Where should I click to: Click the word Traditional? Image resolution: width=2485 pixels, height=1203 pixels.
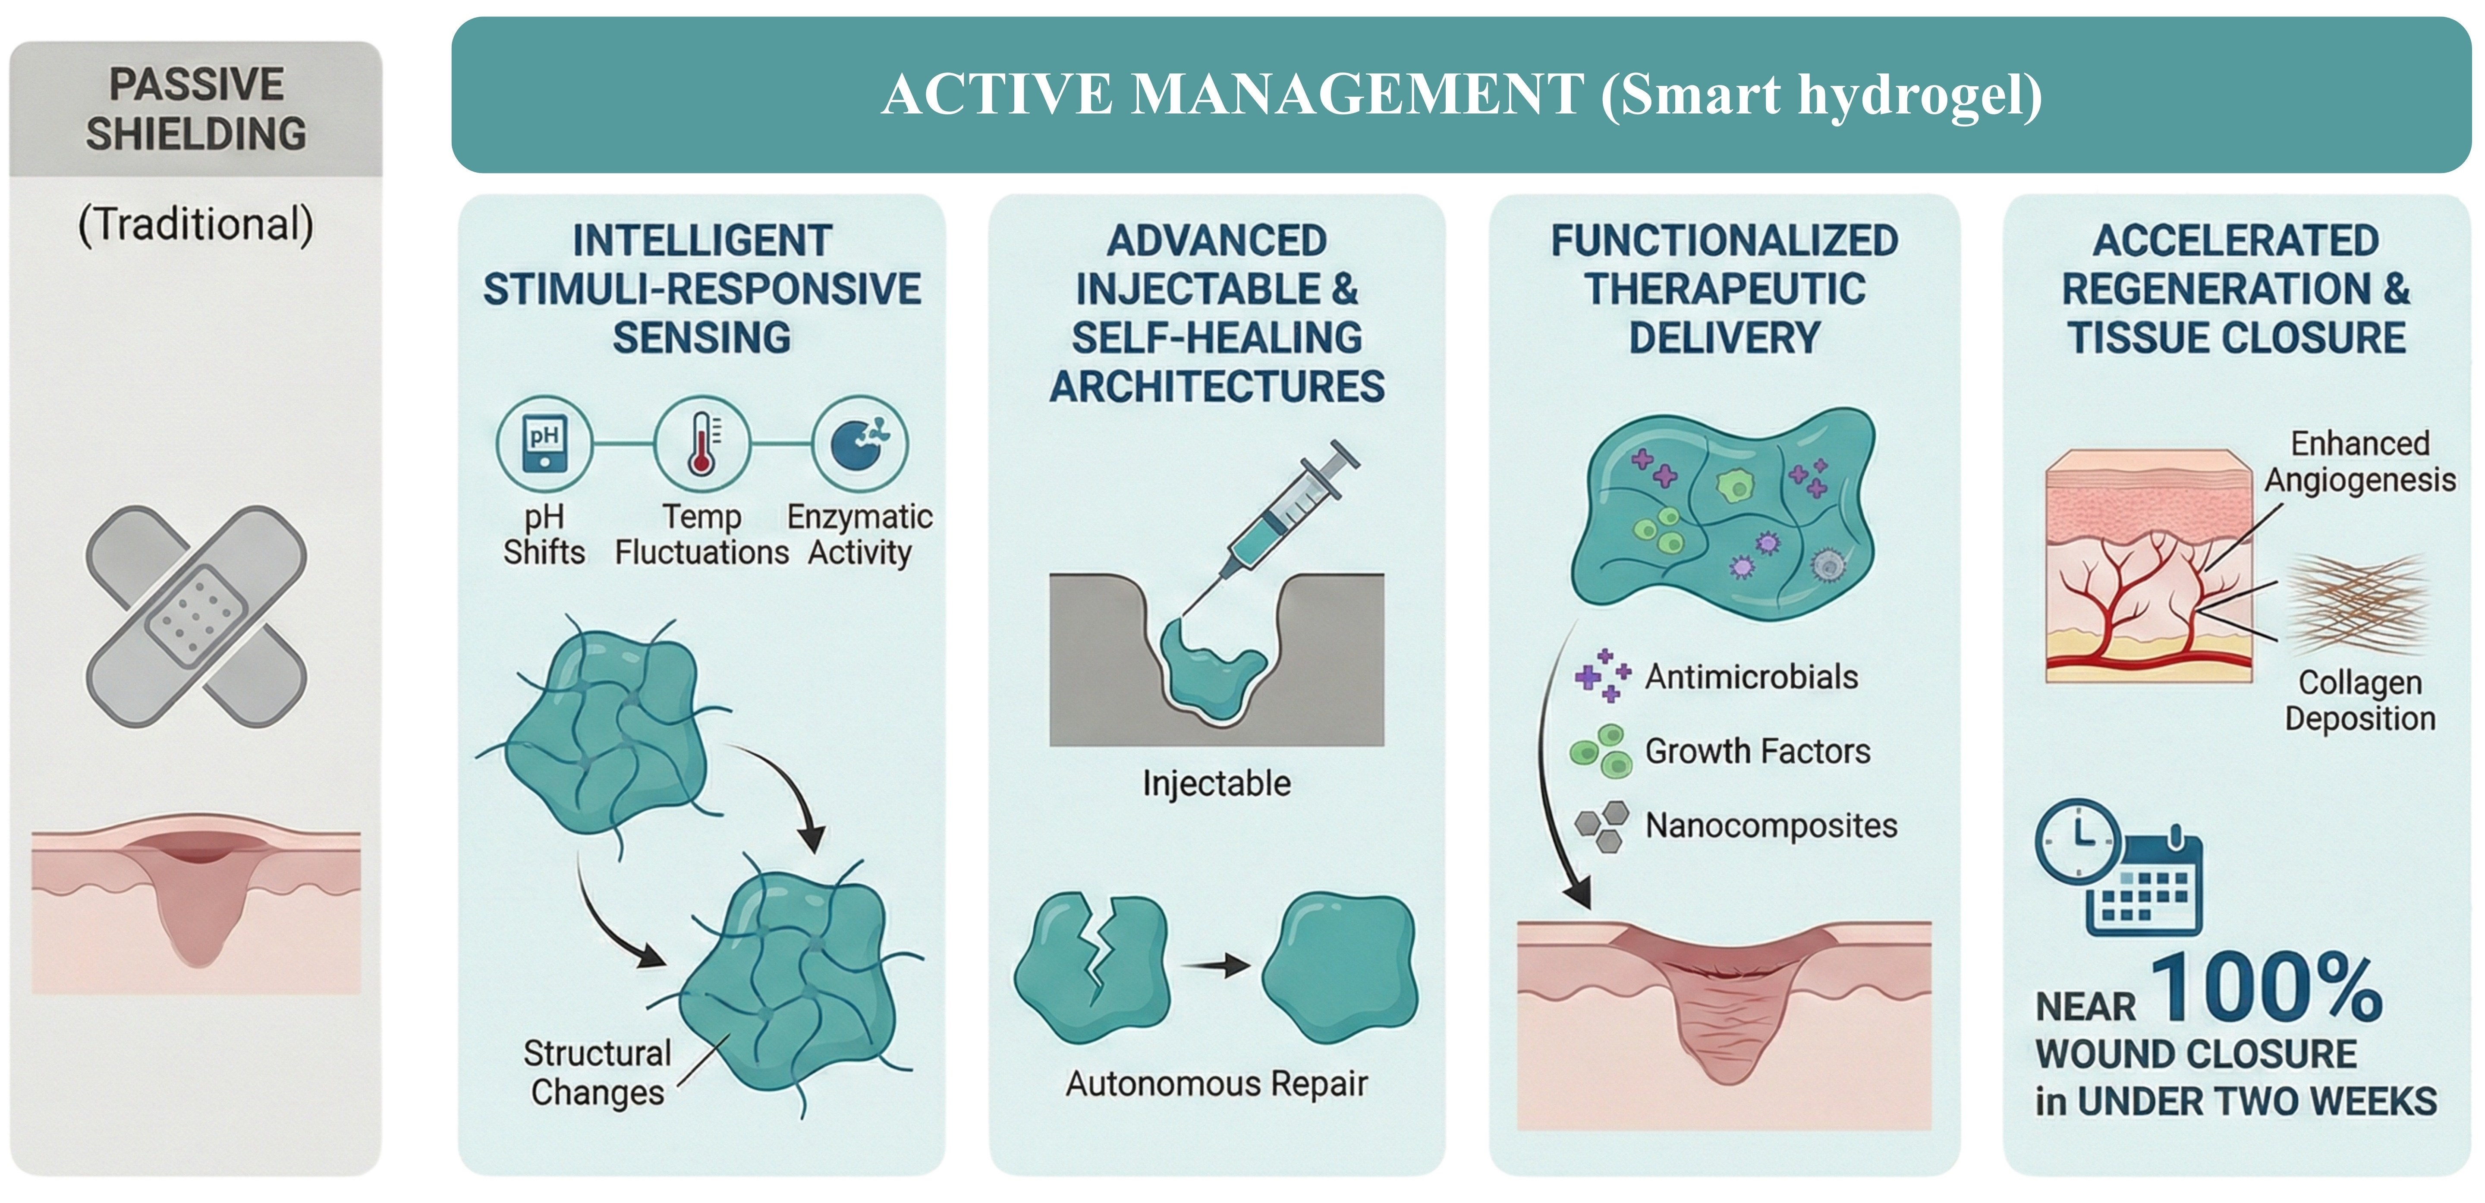(x=196, y=224)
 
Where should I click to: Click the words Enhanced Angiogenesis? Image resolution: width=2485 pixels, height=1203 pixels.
(x=2359, y=461)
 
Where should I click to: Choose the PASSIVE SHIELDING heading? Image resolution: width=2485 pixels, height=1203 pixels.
(x=196, y=109)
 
